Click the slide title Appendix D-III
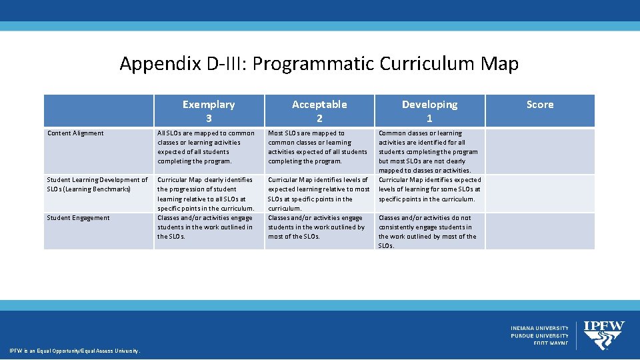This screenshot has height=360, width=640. coord(319,64)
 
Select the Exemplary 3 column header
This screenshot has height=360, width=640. coord(209,111)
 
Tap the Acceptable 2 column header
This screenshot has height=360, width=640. coord(319,111)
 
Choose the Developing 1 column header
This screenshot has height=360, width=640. coord(429,111)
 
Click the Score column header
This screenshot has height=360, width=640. coord(539,105)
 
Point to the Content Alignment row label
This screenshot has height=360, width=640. coord(76,133)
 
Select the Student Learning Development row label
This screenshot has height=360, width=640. coord(97,184)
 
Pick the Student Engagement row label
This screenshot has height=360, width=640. coord(78,218)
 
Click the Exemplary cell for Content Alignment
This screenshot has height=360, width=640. coord(206,147)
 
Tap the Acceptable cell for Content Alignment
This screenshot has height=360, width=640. coord(317,147)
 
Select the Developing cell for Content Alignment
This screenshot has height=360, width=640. coord(429,151)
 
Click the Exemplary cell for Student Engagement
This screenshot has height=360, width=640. coord(205,227)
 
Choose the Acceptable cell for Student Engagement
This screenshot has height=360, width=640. coord(316,227)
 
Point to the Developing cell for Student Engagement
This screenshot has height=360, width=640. coord(427,231)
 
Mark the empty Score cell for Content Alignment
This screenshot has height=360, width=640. coord(539,151)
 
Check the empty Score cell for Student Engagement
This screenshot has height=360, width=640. coord(539,231)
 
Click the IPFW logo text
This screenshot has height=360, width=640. coord(603,326)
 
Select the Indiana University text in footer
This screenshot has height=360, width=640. coord(539,328)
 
